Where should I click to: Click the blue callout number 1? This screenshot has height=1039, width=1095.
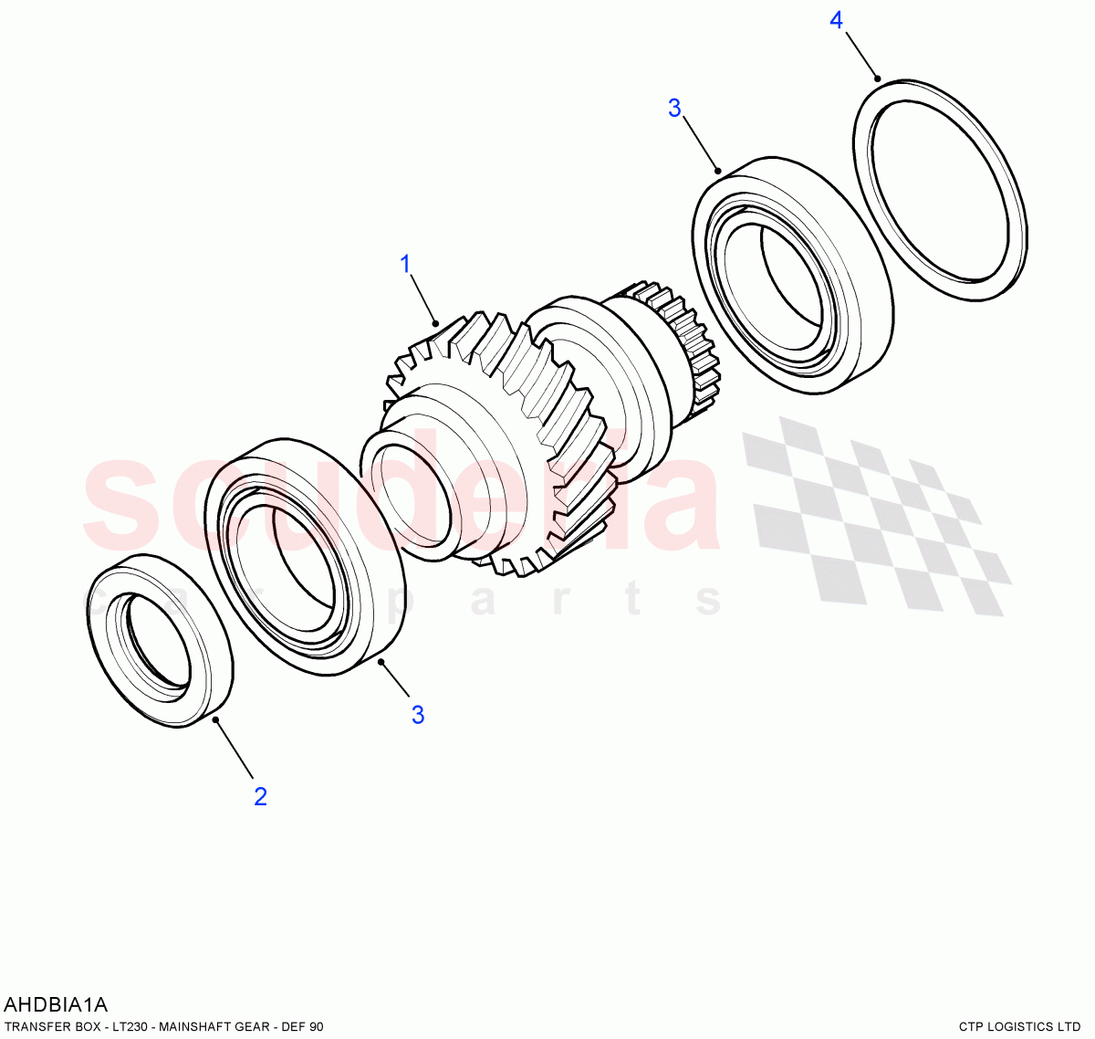click(406, 265)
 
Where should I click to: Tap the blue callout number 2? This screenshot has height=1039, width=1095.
click(260, 797)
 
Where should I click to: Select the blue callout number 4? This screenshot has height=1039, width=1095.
click(836, 20)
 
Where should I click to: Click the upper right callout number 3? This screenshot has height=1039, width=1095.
click(674, 109)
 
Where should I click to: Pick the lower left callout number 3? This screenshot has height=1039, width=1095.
click(418, 715)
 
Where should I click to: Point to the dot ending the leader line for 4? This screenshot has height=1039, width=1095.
click(878, 79)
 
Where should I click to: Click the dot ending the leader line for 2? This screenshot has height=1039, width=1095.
click(216, 720)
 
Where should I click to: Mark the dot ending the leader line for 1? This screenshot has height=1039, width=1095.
click(436, 322)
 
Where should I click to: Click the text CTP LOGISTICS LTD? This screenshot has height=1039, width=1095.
click(1019, 1027)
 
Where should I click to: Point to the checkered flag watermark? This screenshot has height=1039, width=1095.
click(876, 516)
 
